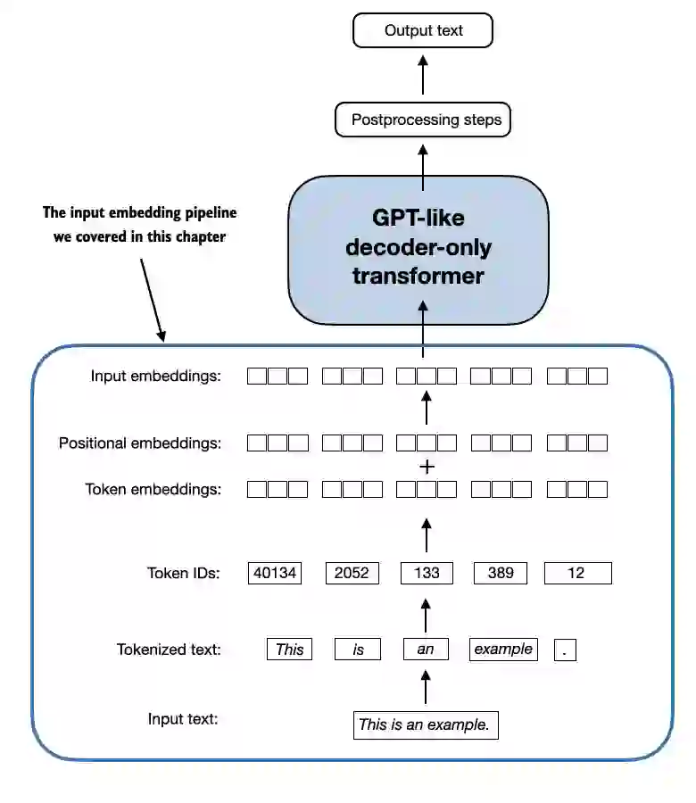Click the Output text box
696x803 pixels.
(x=423, y=30)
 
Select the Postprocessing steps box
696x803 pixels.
(x=423, y=120)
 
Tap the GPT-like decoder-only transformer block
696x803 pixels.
(x=418, y=249)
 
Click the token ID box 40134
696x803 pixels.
(x=275, y=573)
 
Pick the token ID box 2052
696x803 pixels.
(x=352, y=573)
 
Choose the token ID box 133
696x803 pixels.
(x=427, y=573)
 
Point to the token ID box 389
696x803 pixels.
(x=501, y=573)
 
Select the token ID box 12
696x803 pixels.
(x=576, y=573)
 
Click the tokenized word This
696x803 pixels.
(x=289, y=650)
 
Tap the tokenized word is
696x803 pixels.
(x=358, y=650)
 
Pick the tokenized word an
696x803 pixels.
(x=426, y=650)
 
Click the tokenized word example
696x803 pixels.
(x=503, y=650)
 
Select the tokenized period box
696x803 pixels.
(x=565, y=650)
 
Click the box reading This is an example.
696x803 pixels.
(x=425, y=724)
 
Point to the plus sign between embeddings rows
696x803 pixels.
(x=427, y=467)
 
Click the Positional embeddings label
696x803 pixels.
(x=139, y=443)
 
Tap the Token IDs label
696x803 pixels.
(x=183, y=574)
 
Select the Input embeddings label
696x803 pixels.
(x=155, y=376)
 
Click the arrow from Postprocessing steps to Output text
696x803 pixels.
(x=423, y=76)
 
